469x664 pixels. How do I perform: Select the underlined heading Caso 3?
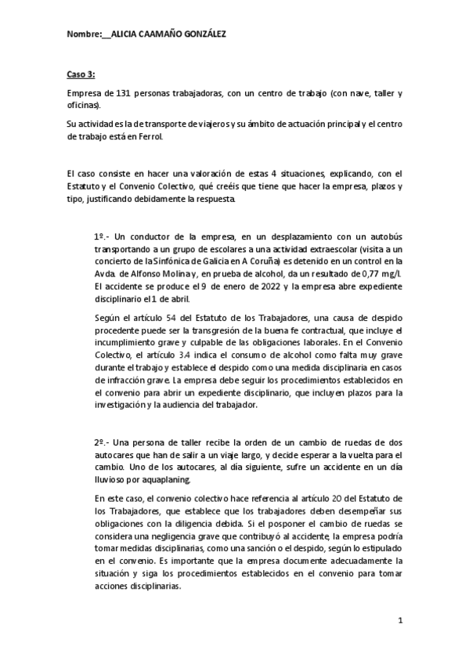[x=81, y=74]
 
